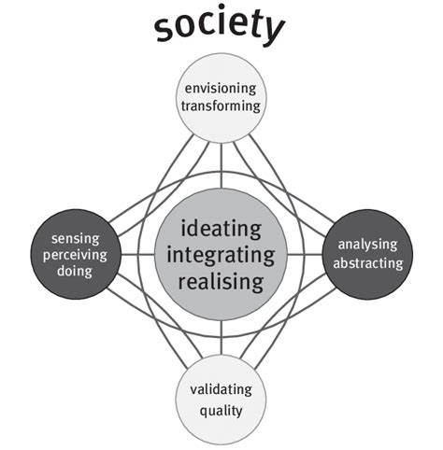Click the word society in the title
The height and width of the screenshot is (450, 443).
tap(220, 31)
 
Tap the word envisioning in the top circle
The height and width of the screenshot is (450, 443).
tap(221, 89)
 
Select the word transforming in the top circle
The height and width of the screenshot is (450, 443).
tap(221, 106)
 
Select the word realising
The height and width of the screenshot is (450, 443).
tap(221, 282)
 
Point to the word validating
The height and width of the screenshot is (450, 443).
tap(221, 389)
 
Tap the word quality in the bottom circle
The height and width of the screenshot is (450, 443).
tap(221, 409)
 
